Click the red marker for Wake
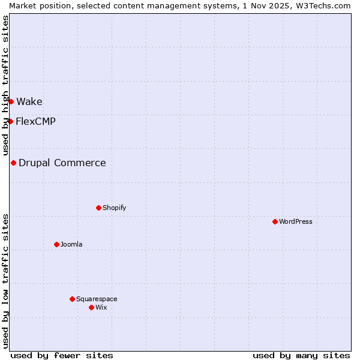pos(11,101)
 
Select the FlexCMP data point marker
pos(10,121)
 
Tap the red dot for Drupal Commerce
pos(13,163)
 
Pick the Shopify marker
pos(98,208)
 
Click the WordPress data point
pos(275,221)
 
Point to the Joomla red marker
pos(56,244)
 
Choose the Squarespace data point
pos(72,299)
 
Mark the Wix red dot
pos(91,307)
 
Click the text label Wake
pos(29,101)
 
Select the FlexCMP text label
pos(35,121)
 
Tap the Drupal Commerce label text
pos(62,163)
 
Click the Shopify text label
pos(114,208)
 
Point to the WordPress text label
pos(296,221)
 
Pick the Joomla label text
pos(71,244)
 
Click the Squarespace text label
pos(97,299)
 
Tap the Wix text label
pos(101,307)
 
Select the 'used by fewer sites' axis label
pos(62,355)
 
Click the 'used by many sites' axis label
pos(301,355)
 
